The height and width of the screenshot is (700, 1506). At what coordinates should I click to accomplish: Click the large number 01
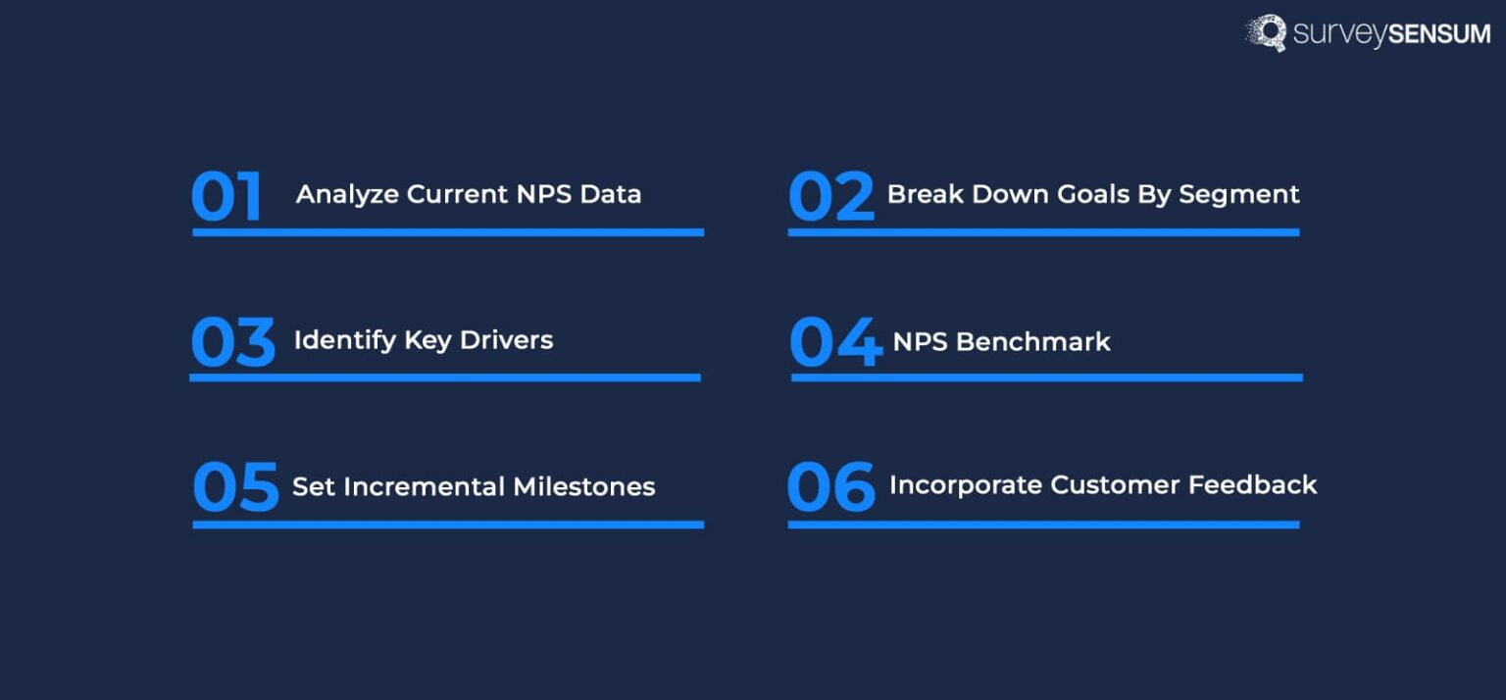pos(226,196)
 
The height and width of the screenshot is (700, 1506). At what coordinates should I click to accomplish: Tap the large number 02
pos(830,196)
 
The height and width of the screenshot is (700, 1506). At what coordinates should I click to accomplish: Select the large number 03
pos(232,342)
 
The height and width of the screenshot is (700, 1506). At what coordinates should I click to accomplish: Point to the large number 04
pos(835,342)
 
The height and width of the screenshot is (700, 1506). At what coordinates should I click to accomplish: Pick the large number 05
pos(235,487)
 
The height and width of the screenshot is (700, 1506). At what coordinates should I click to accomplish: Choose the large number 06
pos(830,487)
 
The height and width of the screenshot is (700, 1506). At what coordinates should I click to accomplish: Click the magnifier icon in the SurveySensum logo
pos(1267,32)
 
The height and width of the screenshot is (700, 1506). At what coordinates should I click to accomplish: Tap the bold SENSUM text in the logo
pos(1438,34)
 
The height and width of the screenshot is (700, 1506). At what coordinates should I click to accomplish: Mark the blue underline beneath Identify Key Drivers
pos(445,377)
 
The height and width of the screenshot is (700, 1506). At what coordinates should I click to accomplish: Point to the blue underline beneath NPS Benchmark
pos(1046,377)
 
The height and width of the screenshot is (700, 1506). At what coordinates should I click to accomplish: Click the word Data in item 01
pos(610,194)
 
